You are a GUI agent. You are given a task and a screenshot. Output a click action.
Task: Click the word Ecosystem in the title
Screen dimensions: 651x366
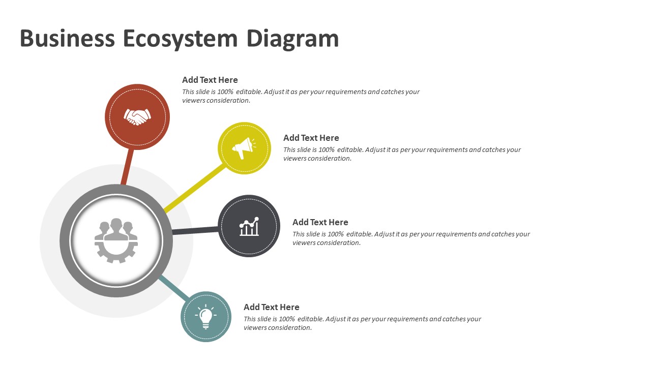pos(180,39)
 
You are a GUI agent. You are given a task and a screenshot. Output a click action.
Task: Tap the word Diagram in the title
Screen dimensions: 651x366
pos(292,39)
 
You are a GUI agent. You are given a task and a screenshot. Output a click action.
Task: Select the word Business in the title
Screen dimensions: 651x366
pos(67,38)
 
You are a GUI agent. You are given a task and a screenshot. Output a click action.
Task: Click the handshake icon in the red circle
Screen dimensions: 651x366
pos(137,117)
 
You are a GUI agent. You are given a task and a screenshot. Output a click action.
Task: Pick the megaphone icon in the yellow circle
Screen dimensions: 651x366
pos(244,148)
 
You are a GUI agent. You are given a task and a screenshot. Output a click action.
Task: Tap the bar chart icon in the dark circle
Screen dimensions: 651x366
pos(249,226)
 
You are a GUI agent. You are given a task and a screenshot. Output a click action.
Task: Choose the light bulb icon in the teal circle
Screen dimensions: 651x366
pos(206,316)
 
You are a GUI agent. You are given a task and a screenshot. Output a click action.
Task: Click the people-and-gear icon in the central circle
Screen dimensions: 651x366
pos(116,240)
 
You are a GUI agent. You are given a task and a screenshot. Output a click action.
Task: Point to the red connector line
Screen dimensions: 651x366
pos(127,167)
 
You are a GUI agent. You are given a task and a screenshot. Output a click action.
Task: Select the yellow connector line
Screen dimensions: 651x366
pos(194,188)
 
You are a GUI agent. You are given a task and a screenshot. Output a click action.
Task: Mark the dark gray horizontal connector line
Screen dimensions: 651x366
pos(195,231)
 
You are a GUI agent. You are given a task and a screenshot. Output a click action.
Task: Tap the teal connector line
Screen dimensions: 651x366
pos(174,288)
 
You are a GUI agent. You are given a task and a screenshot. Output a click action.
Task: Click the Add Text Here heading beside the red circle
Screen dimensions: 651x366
pos(210,80)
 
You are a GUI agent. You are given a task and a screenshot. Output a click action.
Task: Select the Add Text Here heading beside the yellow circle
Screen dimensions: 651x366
pos(311,138)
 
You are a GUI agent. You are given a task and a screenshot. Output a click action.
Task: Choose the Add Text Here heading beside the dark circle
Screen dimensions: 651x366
pos(320,222)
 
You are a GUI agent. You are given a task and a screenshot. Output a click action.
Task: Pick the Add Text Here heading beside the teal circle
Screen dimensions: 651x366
pos(271,307)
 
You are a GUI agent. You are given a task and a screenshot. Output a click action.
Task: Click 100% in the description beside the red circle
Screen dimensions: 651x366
pos(225,92)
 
